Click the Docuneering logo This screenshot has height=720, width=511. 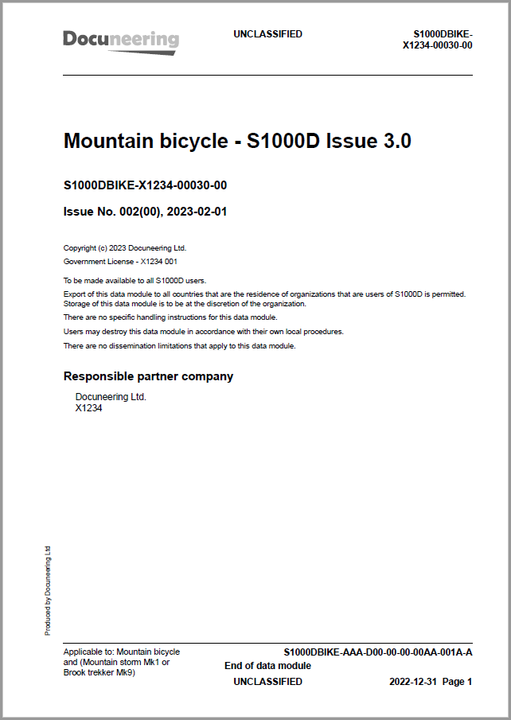click(121, 40)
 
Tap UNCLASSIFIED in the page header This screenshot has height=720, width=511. click(267, 34)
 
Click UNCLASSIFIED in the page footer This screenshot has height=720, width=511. click(267, 682)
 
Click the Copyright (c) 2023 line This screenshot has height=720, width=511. click(124, 247)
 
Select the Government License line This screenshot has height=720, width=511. click(119, 261)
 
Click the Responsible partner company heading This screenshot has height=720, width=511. click(148, 376)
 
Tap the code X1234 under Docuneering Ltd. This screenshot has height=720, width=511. click(88, 408)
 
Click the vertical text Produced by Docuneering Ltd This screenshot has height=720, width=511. click(48, 590)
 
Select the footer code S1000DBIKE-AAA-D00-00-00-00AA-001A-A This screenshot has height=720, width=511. click(378, 652)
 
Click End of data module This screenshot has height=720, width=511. click(267, 666)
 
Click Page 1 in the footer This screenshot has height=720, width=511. click(458, 682)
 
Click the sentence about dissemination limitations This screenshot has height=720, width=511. click(179, 346)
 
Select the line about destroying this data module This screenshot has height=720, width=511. click(203, 332)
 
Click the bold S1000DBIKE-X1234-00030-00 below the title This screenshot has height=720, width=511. click(145, 186)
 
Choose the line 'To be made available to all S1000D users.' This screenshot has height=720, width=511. click(135, 280)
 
